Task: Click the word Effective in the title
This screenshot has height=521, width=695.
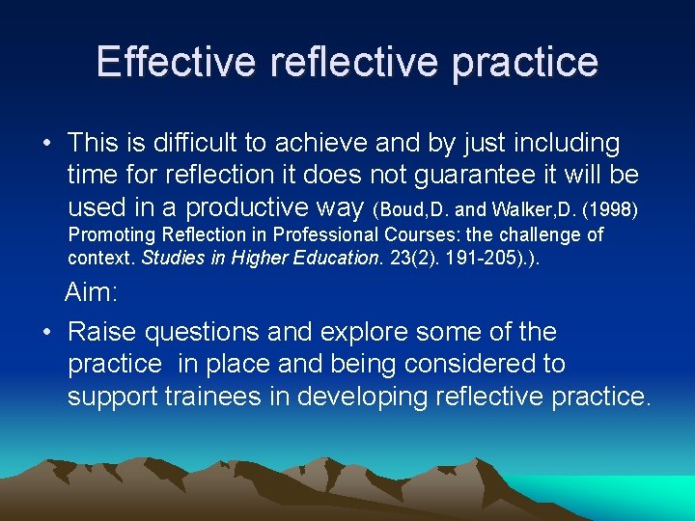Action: tap(176, 62)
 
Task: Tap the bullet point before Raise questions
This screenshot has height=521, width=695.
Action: tap(46, 333)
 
